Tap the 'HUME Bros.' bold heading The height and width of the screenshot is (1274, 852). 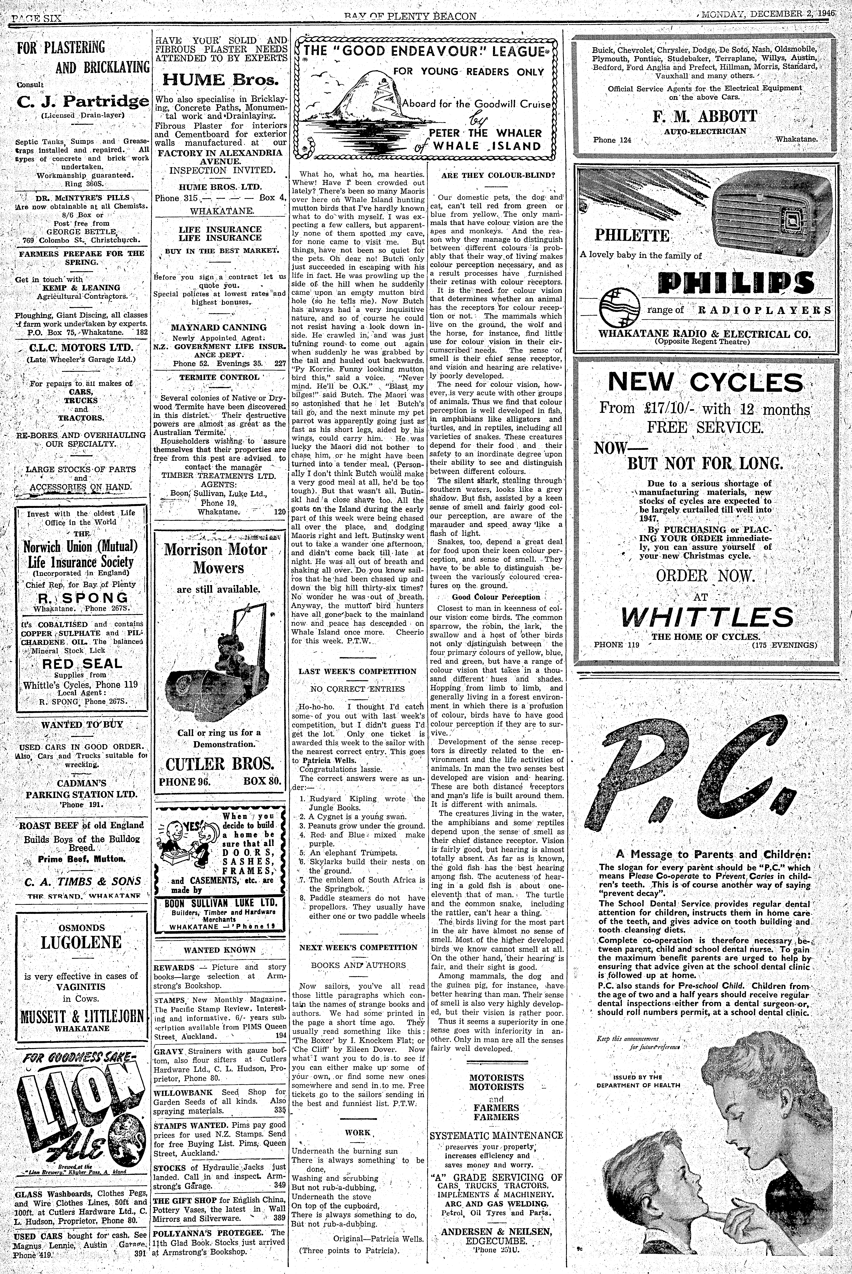[x=220, y=80]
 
